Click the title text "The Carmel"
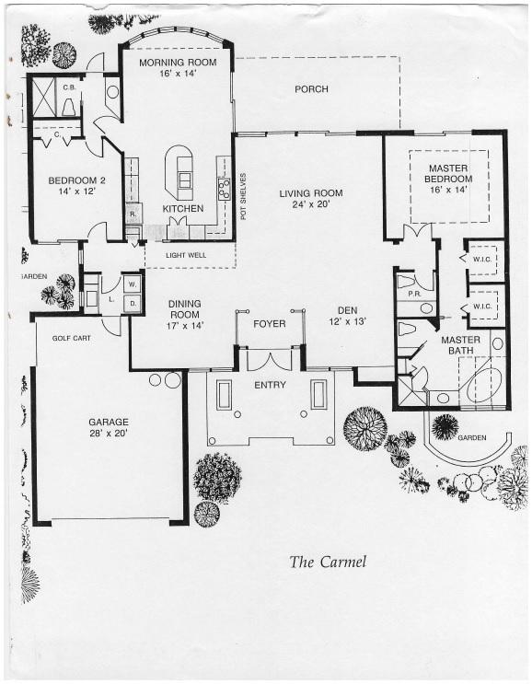(x=328, y=562)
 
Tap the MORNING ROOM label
(x=178, y=63)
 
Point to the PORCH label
(x=311, y=89)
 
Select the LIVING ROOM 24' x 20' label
(x=311, y=199)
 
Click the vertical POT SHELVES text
(x=243, y=196)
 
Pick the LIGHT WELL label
(x=186, y=255)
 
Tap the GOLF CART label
(x=72, y=338)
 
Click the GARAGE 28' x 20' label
(x=109, y=427)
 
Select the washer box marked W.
(x=133, y=284)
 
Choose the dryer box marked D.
(x=133, y=303)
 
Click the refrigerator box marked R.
(x=133, y=214)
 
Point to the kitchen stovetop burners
(x=225, y=188)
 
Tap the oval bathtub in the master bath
(x=484, y=384)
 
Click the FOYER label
(x=270, y=324)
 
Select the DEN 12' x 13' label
(x=348, y=317)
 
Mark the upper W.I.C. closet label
(x=482, y=259)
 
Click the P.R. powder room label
(x=414, y=294)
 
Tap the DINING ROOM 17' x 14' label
(x=185, y=314)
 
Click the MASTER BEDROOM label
(x=448, y=174)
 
